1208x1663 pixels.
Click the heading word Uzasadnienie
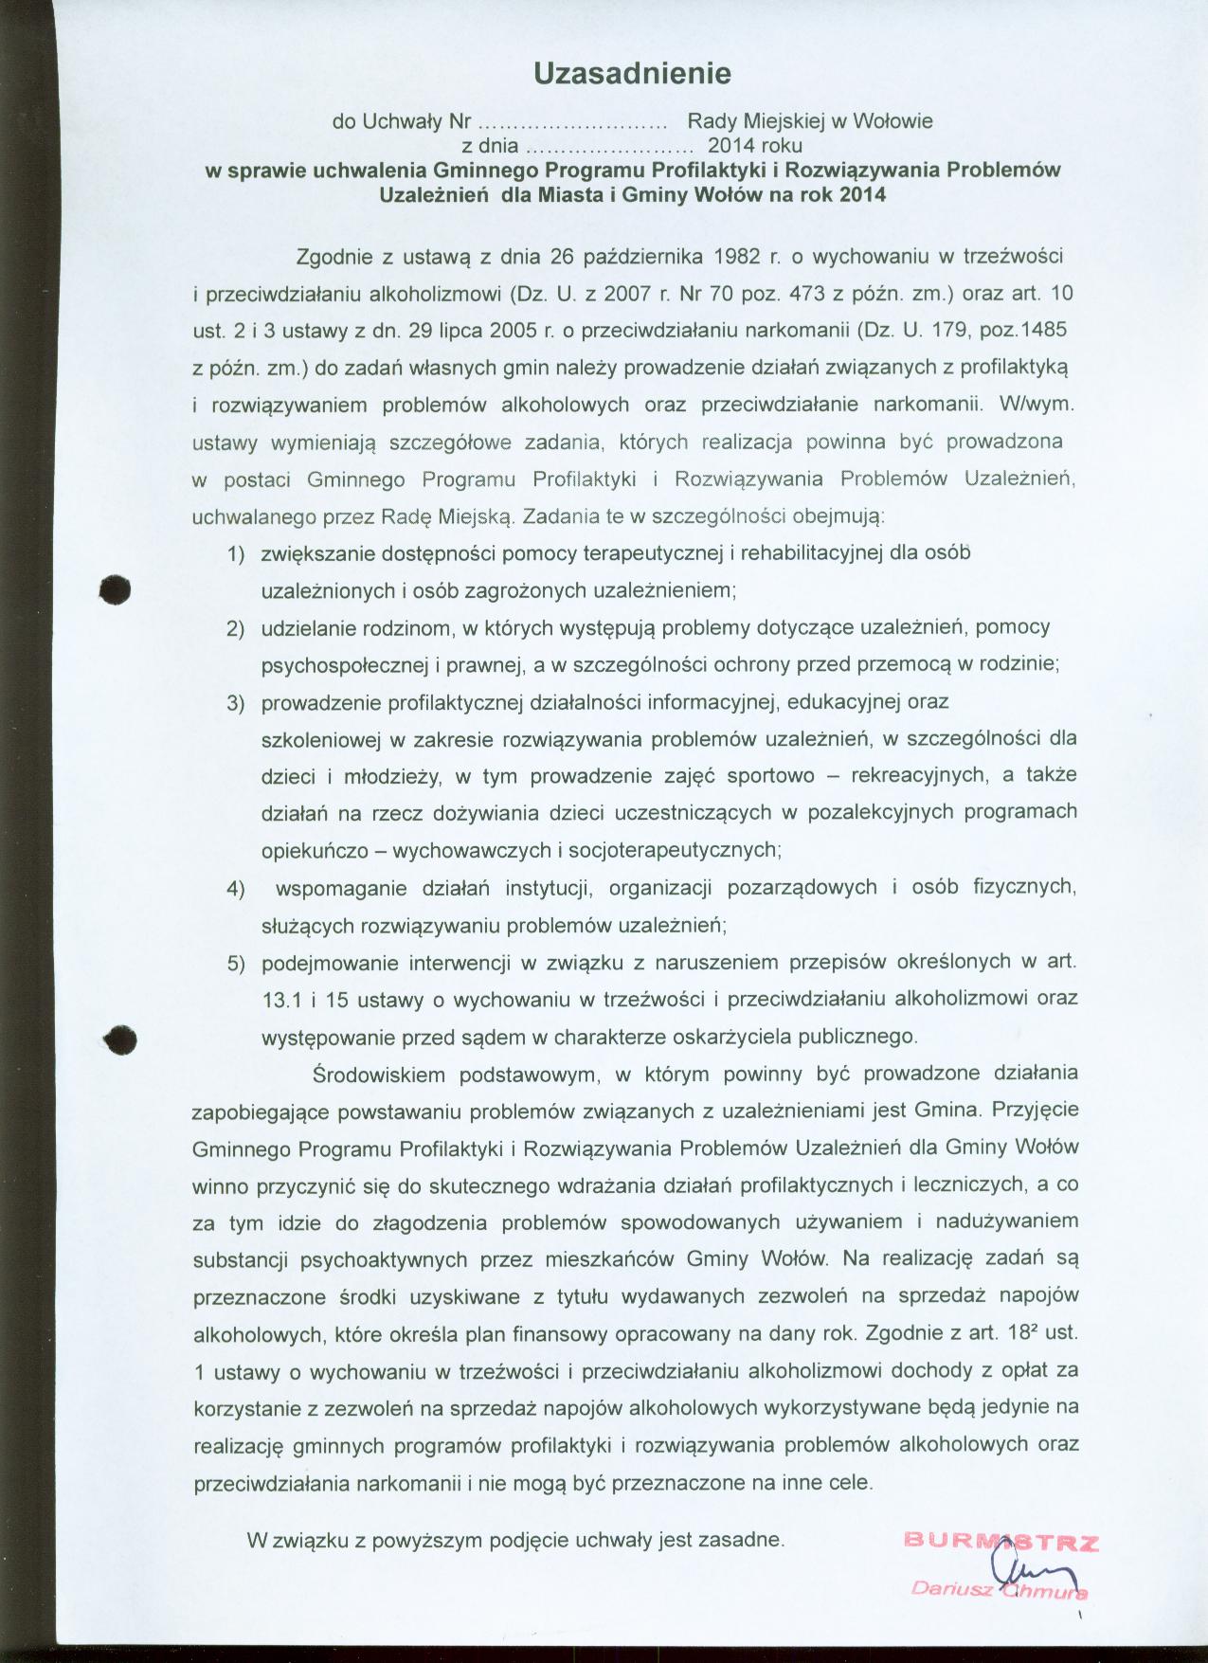(632, 73)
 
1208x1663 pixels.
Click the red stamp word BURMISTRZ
(1001, 1540)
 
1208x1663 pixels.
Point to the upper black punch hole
(117, 587)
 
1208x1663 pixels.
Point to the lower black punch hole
(121, 1038)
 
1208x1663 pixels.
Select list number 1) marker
(235, 553)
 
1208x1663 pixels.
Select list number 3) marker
(235, 703)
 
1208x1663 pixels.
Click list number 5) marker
(235, 964)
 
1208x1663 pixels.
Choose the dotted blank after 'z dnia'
(608, 147)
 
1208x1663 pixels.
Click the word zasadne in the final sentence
(749, 1540)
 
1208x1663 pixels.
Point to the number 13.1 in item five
(279, 1000)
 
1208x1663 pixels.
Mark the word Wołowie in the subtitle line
(893, 121)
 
